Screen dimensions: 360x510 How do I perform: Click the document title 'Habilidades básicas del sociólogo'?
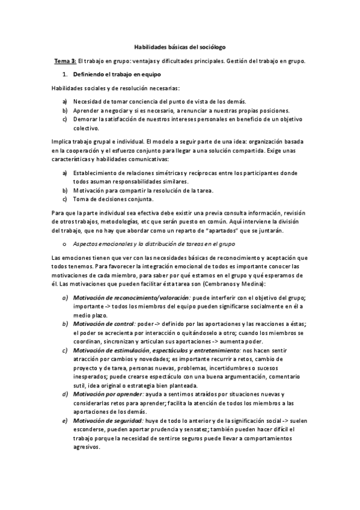pos(179,46)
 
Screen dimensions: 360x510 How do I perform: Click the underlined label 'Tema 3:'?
pos(66,61)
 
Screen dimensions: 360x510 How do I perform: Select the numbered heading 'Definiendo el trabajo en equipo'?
pos(115,75)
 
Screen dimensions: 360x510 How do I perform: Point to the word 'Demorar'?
pos(85,119)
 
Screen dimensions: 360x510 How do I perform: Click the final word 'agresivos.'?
pos(88,447)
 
